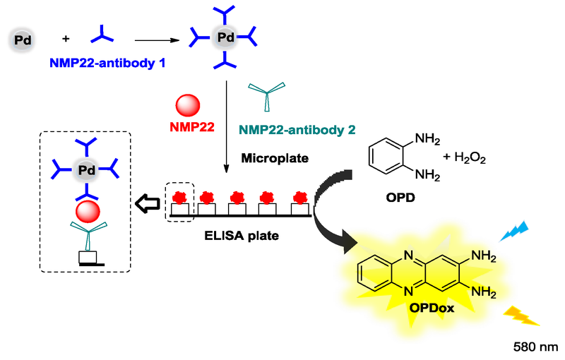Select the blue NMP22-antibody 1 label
tap(107, 64)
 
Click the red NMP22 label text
tap(190, 128)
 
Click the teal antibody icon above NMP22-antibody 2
tap(268, 96)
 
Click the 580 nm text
tap(539, 347)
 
